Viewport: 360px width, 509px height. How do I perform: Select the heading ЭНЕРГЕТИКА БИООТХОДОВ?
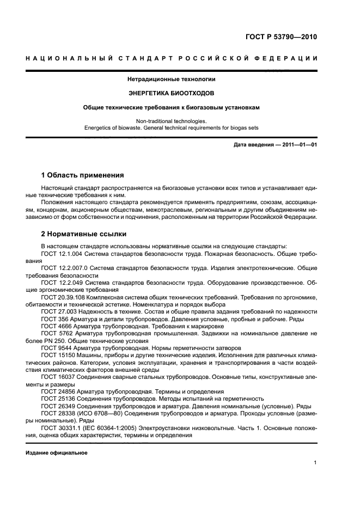point(172,93)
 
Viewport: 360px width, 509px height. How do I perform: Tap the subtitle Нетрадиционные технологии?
point(172,79)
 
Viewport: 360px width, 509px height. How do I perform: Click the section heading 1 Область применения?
point(83,175)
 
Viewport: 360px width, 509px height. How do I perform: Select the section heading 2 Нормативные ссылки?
point(84,234)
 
